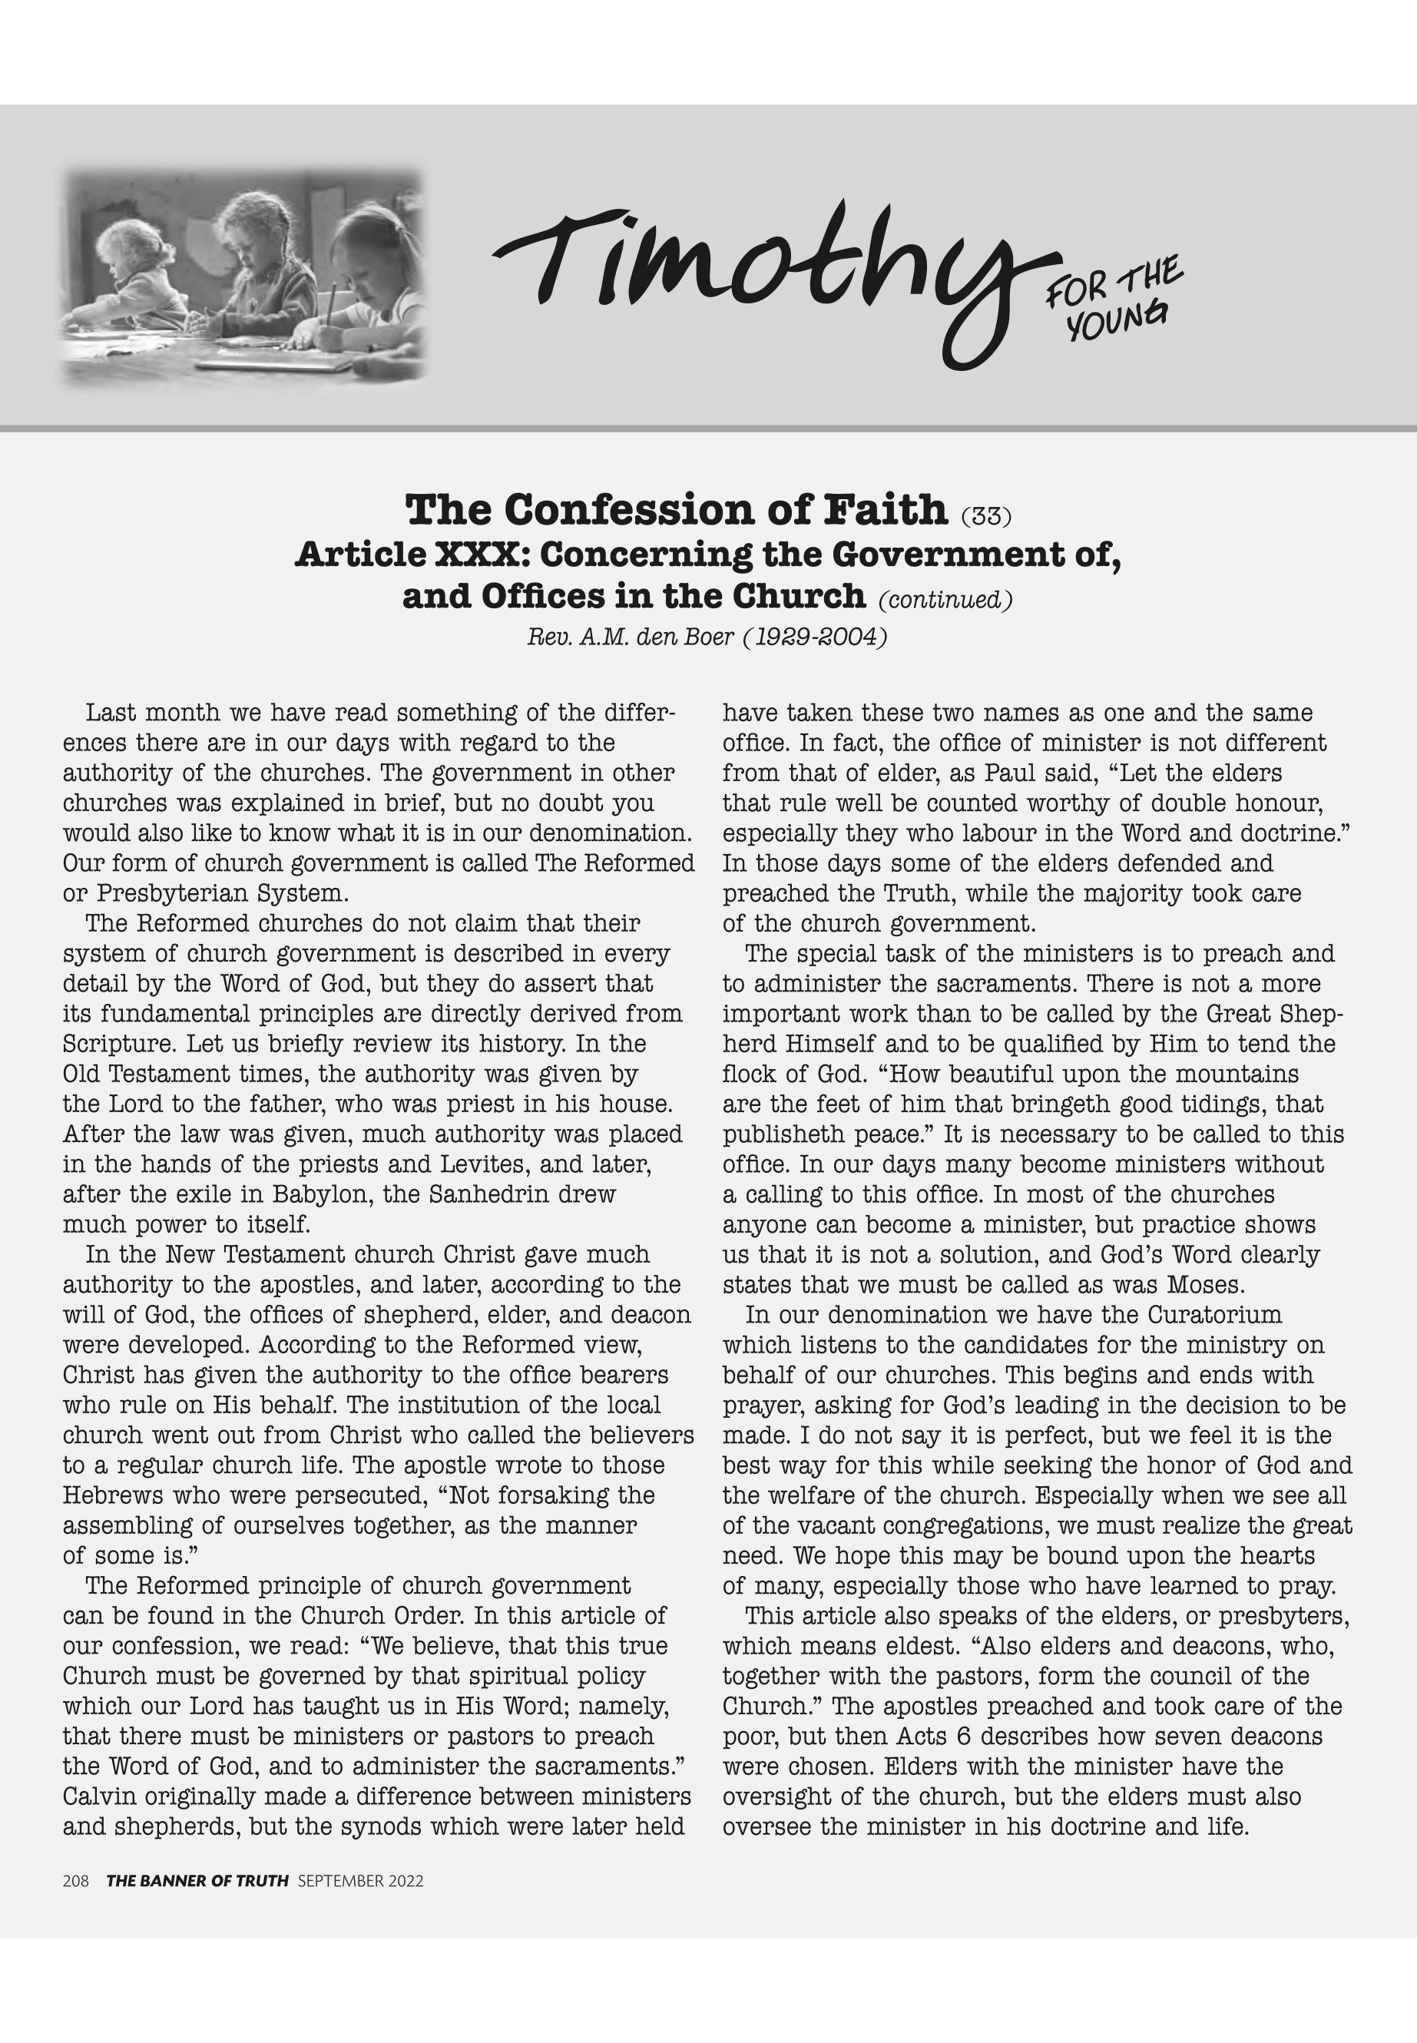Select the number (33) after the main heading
pyautogui.click(x=985, y=516)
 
